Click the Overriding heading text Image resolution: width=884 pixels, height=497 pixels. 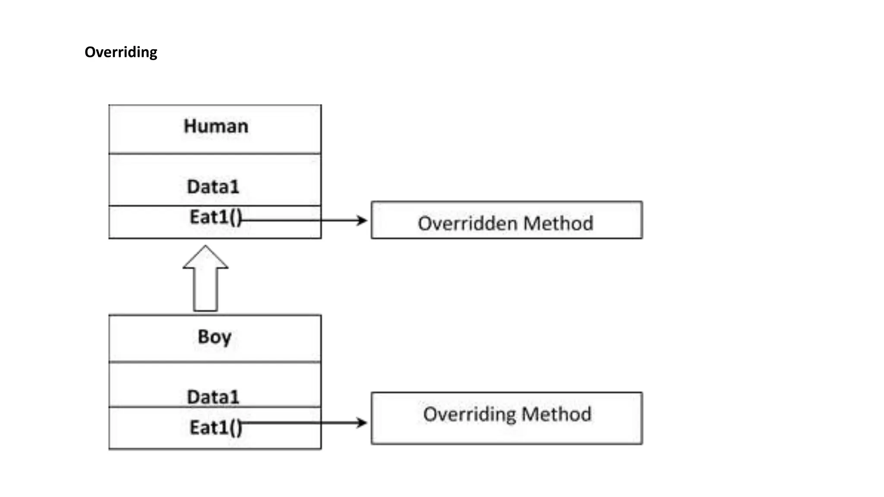(121, 52)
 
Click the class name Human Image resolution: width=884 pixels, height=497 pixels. (216, 126)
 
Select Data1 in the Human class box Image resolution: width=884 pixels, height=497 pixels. (213, 187)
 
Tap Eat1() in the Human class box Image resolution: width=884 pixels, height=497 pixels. (215, 217)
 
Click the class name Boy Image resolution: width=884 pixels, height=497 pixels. (215, 337)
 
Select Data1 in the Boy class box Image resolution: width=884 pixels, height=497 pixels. (213, 396)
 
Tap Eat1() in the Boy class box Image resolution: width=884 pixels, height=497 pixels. (215, 428)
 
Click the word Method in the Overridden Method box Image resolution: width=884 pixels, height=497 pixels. (559, 223)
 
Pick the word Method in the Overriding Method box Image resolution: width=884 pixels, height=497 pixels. (556, 414)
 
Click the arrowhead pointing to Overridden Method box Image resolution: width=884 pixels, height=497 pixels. (362, 220)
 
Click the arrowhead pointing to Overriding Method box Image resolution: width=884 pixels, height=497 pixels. (362, 422)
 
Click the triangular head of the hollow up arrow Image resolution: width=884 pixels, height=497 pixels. (205, 258)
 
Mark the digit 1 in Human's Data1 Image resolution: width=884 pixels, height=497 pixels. (234, 187)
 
